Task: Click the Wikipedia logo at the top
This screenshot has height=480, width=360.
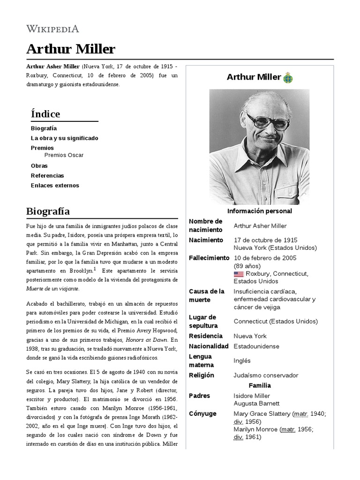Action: click(x=52, y=29)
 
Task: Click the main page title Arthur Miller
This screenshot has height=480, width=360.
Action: click(x=71, y=49)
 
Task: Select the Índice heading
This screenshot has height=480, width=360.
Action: click(x=45, y=114)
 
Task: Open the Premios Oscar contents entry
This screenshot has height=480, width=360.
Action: click(x=64, y=155)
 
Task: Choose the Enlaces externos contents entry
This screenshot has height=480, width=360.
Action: click(x=55, y=185)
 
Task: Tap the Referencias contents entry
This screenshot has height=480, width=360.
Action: click(x=47, y=175)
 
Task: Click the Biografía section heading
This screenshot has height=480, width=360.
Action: click(x=48, y=211)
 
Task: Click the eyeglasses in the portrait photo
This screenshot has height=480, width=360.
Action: click(x=268, y=123)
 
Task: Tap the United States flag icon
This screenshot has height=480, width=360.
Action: click(x=239, y=274)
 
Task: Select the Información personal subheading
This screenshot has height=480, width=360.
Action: click(x=260, y=211)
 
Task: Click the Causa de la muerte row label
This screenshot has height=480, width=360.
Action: click(x=206, y=295)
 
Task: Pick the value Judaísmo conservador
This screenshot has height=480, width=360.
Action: click(x=266, y=375)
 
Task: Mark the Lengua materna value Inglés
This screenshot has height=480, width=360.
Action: click(x=242, y=360)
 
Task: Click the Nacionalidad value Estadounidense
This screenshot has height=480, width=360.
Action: click(x=256, y=346)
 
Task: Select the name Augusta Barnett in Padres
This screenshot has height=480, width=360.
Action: click(x=256, y=403)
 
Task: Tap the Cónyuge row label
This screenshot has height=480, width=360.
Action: click(x=202, y=413)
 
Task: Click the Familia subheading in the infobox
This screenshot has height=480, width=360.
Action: click(x=260, y=385)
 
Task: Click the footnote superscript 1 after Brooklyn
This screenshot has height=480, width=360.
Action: click(x=95, y=269)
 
